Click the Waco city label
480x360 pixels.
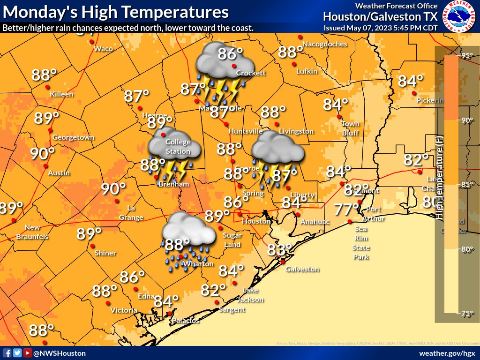pos(103,49)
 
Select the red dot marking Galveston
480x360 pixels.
pos(283,262)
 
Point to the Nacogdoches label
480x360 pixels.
pos(324,44)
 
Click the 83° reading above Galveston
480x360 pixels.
pos(279,250)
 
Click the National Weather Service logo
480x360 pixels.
pos(459,17)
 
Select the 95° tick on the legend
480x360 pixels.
pos(467,56)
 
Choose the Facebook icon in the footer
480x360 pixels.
pos(7,353)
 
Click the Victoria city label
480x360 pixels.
pos(124,310)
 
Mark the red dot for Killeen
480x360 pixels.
pos(47,87)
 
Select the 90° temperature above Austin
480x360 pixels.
pos(43,153)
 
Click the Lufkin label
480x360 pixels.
pos(307,71)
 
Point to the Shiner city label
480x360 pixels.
pos(105,253)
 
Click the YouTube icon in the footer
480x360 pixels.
pos(27,353)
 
